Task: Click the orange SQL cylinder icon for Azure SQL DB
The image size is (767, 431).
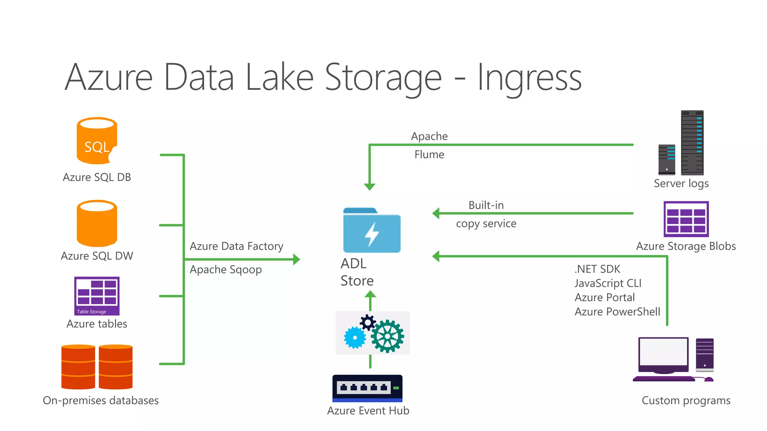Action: point(97,141)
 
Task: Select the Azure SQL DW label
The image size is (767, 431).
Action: point(97,256)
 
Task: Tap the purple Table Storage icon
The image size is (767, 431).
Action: point(97,296)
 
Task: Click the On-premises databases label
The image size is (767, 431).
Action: point(101,400)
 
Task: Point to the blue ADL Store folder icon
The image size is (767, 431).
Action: point(372,231)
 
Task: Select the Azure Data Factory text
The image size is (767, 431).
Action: point(236,246)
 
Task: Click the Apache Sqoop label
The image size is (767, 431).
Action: point(225,270)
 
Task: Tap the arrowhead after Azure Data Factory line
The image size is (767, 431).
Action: point(297,259)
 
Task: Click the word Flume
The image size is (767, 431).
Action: point(429,155)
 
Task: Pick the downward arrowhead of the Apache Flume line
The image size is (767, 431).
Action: point(370,186)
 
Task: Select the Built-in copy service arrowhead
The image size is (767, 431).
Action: point(436,213)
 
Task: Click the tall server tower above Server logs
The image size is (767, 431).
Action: point(692,143)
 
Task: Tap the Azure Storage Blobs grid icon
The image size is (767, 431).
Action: point(686,219)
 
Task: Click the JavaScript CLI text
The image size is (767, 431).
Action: point(608,283)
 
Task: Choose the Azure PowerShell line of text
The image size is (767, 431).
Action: point(617,312)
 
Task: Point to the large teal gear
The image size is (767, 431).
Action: point(388,336)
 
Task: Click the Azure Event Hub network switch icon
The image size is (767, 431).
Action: point(367,388)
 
